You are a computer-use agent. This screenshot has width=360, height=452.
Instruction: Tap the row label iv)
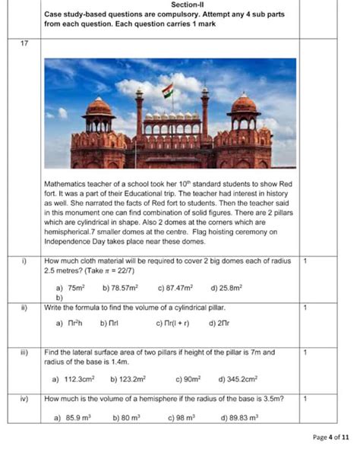(x=24, y=398)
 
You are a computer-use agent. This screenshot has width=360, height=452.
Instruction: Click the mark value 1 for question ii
(x=305, y=307)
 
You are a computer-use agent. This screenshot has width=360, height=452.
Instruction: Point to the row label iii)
(x=24, y=352)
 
